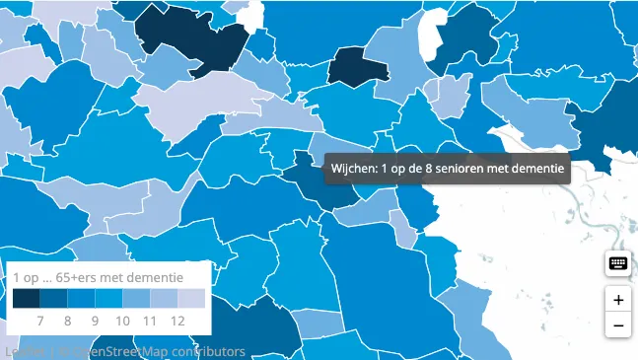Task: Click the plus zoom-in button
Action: (618, 300)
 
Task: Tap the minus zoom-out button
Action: (618, 325)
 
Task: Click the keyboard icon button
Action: (618, 263)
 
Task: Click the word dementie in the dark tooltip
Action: (538, 169)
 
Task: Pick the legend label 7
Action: (40, 321)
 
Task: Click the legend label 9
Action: (95, 321)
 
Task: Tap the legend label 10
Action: (122, 321)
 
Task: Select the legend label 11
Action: (150, 321)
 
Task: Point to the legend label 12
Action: (177, 321)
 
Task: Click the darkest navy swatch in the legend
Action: (26, 299)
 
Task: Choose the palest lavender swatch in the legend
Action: (191, 299)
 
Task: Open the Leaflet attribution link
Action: (20, 351)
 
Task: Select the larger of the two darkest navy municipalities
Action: (197, 39)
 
